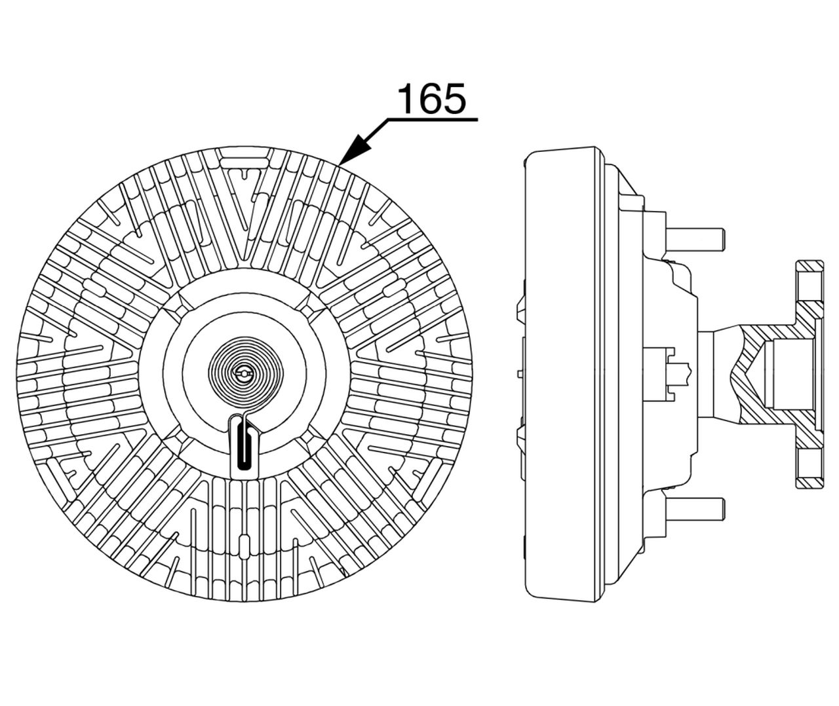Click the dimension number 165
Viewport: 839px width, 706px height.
[x=431, y=98]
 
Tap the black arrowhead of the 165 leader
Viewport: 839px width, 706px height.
[x=357, y=149]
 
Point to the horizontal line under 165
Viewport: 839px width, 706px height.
[x=432, y=119]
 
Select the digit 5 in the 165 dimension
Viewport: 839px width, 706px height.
[x=454, y=99]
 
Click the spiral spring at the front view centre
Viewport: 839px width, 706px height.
[x=245, y=373]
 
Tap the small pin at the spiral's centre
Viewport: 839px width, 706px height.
[x=244, y=373]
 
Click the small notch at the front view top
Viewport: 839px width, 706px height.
[x=244, y=174]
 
